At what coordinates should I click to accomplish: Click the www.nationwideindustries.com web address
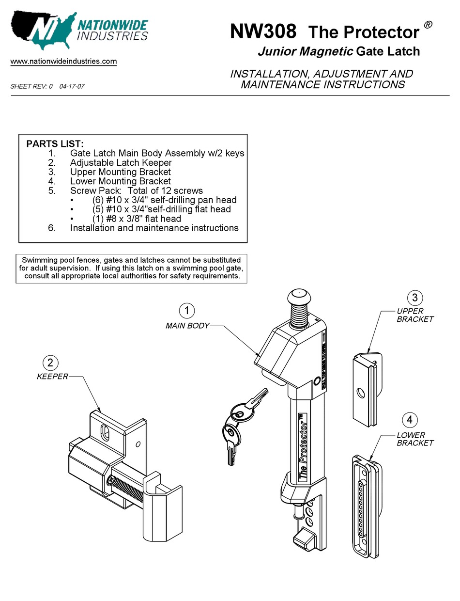point(63,62)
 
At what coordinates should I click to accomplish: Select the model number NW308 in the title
point(263,32)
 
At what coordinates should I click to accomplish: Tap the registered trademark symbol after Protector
point(428,25)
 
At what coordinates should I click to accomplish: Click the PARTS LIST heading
point(55,144)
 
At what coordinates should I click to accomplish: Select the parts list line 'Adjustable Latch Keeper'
point(121,162)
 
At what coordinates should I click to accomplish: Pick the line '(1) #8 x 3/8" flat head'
point(137,219)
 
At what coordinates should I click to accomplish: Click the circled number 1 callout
point(187,310)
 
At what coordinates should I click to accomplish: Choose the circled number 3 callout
point(415,297)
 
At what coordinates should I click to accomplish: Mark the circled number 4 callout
point(410,420)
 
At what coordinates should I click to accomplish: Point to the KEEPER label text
point(52,377)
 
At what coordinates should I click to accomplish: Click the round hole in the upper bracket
point(360,392)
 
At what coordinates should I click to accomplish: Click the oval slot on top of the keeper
point(105,432)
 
